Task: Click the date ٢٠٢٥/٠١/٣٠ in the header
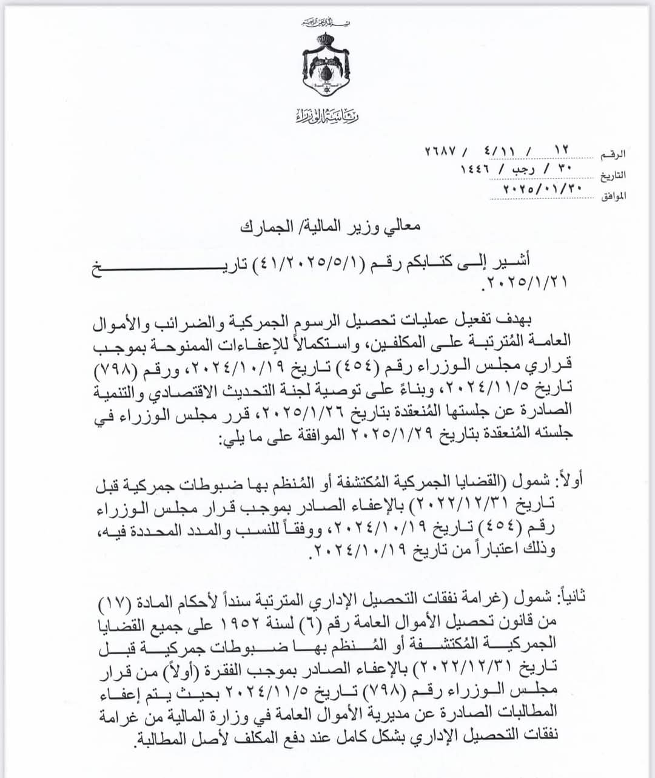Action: pos(534,189)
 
